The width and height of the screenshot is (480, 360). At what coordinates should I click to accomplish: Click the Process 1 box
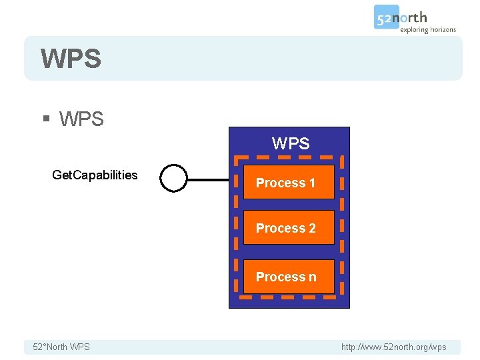point(289,183)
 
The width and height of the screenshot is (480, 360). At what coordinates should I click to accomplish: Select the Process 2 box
point(289,229)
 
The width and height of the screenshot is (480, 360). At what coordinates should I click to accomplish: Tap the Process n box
point(289,277)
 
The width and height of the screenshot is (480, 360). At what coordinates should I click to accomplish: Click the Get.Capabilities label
point(95,175)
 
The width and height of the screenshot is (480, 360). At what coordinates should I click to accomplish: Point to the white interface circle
point(174,178)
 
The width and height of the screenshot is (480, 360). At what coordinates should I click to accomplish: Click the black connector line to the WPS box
point(211,179)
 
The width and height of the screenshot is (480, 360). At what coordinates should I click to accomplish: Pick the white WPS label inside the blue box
point(291,143)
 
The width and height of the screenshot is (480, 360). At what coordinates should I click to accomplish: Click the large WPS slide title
point(71,59)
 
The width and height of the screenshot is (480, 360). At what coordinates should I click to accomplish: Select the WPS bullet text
point(81,119)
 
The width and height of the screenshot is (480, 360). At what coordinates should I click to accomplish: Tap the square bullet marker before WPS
point(46,119)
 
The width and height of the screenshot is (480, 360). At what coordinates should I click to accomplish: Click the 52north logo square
point(386,17)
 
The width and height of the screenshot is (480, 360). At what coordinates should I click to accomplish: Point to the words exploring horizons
point(427,29)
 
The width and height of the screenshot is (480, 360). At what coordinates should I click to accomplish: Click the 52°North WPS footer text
point(61,347)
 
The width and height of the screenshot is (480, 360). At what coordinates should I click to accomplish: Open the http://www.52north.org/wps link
point(393,347)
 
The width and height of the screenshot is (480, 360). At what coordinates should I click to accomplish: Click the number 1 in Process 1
point(311,183)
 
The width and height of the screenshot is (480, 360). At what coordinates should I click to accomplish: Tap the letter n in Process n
point(312,277)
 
